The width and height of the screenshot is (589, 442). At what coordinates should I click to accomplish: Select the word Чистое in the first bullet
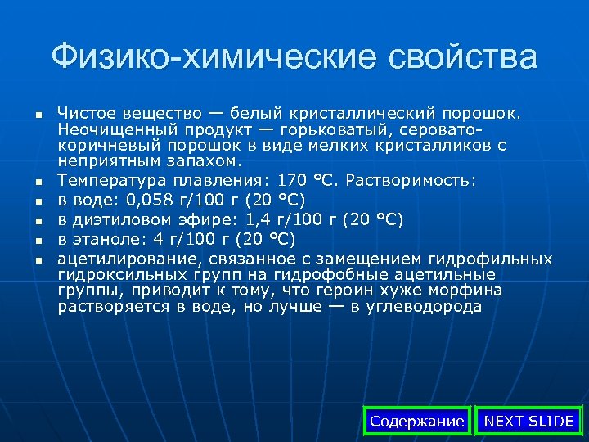(x=84, y=110)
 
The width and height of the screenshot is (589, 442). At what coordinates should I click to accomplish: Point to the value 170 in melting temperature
(x=293, y=179)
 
